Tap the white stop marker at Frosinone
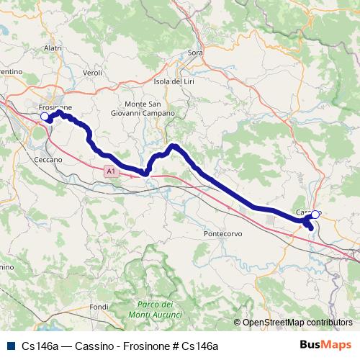45,116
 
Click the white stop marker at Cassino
315,214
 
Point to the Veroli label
94,73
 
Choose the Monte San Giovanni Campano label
143,109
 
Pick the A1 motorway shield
109,171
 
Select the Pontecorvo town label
225,235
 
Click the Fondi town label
99,307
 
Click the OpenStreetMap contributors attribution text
297,323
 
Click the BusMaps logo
325,345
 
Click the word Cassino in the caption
86,346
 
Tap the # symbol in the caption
174,346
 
